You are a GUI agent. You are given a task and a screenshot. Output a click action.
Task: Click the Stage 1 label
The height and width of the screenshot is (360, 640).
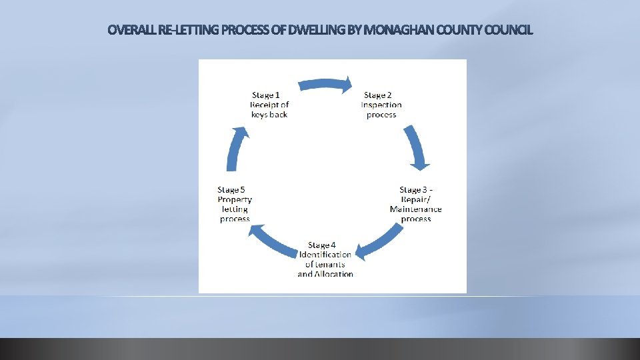[266, 95]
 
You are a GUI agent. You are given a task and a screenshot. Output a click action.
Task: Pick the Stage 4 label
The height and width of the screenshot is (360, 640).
[322, 245]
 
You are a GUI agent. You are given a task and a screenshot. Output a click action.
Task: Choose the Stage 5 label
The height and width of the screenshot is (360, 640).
[231, 190]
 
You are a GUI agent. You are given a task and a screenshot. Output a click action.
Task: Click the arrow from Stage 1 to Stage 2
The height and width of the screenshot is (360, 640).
[325, 84]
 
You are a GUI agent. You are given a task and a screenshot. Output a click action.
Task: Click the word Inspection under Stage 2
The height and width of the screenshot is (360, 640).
[381, 105]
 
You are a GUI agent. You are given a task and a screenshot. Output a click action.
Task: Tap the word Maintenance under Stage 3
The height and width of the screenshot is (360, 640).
[416, 209]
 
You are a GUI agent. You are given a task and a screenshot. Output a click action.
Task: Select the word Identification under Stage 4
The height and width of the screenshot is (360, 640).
[325, 255]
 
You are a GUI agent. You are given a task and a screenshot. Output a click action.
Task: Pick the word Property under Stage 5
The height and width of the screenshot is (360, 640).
[235, 199]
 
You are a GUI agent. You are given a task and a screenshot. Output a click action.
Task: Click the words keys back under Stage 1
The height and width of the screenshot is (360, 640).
[269, 115]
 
